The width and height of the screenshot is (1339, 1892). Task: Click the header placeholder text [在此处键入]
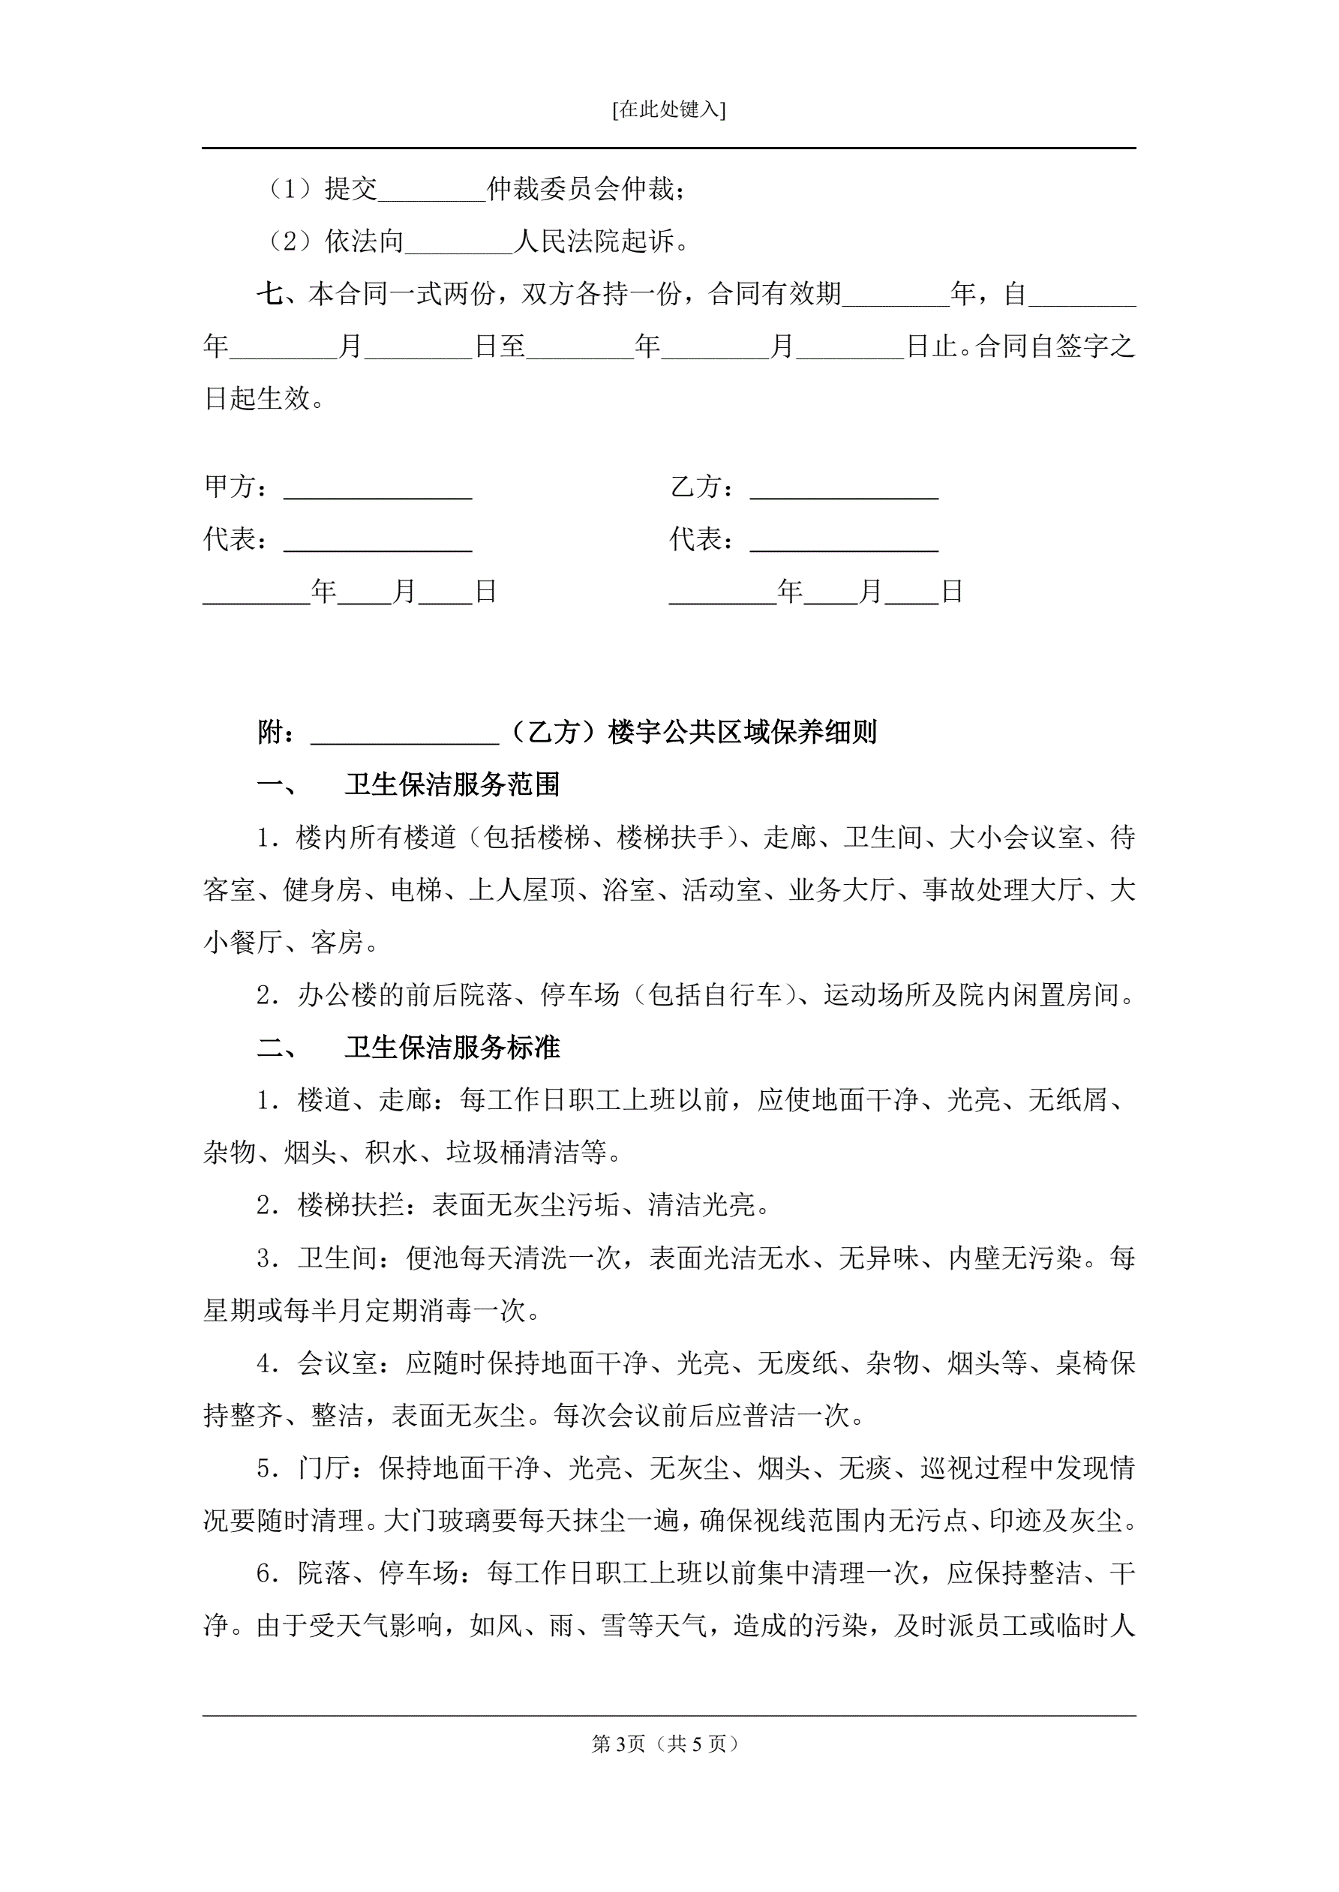point(668,109)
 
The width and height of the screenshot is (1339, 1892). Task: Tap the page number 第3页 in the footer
point(618,1744)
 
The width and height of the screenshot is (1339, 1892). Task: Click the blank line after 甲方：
point(377,489)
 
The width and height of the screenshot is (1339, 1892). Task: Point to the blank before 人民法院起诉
point(458,243)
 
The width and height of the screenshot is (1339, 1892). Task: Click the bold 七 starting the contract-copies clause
point(269,294)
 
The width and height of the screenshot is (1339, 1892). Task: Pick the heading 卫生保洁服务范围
point(452,784)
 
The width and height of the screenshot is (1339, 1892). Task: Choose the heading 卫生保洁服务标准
point(452,1048)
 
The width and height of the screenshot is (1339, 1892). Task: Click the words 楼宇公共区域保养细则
point(742,732)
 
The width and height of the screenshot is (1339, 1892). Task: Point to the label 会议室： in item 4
point(351,1363)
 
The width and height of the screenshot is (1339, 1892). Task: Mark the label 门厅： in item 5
point(338,1468)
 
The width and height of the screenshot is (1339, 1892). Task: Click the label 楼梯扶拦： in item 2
point(365,1206)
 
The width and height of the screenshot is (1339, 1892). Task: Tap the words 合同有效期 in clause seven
point(775,294)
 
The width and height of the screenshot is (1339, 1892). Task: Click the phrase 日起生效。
point(264,399)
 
